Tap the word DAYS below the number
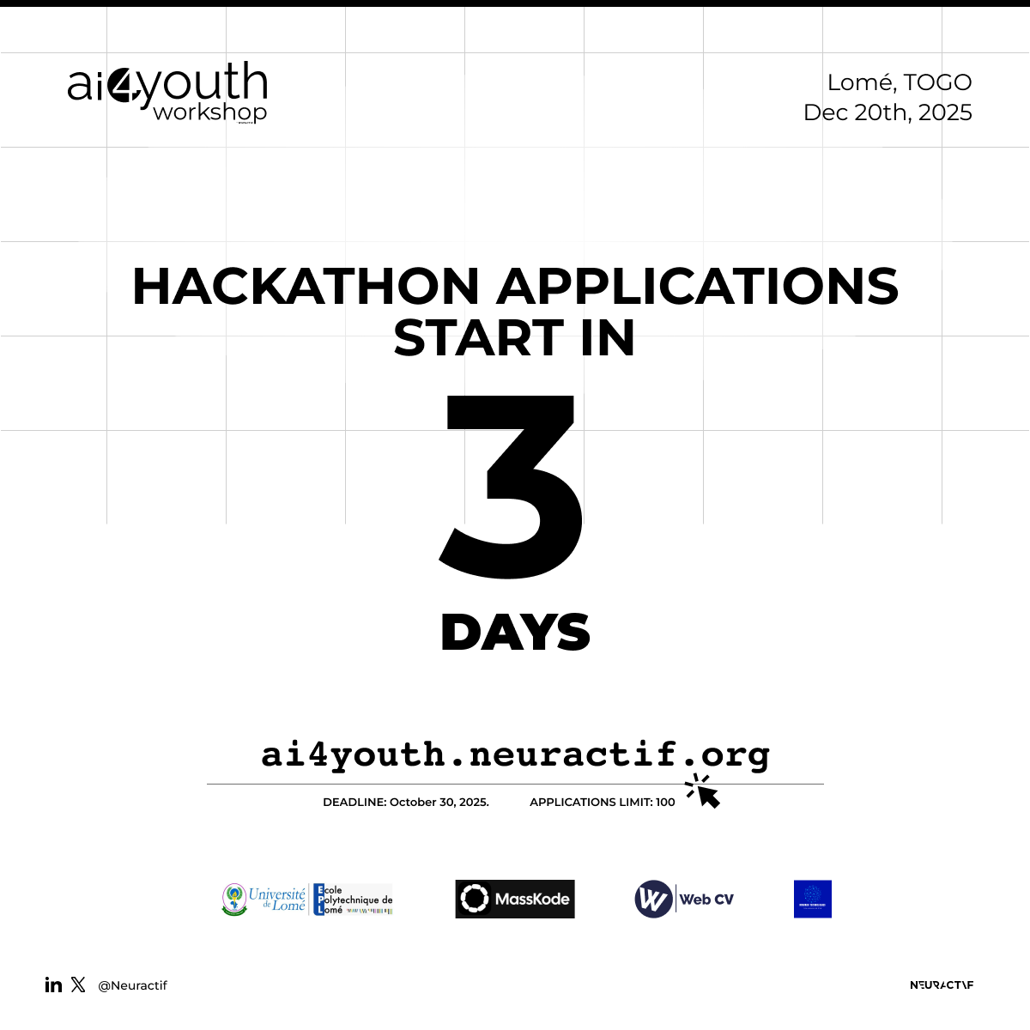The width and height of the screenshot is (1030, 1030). [515, 633]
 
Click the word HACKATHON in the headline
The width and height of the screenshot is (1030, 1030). [306, 286]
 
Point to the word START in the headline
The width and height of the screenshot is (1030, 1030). [478, 337]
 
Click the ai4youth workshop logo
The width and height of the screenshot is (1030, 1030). [168, 92]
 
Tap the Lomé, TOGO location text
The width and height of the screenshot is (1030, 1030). [899, 82]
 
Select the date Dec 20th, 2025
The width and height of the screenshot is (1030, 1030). [888, 112]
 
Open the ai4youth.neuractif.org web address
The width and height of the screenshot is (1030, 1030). [515, 754]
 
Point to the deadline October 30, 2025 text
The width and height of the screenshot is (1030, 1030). [406, 802]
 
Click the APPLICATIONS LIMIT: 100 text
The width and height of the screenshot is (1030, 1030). [602, 802]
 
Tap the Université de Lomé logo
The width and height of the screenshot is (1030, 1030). [264, 900]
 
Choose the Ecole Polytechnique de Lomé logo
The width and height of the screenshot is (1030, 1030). [353, 900]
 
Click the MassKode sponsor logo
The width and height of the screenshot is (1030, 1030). [515, 899]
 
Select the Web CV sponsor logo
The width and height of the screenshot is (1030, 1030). [684, 900]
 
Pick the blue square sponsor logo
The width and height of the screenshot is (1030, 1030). [812, 899]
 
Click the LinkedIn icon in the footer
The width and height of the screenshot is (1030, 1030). [53, 985]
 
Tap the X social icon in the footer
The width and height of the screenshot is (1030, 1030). [78, 985]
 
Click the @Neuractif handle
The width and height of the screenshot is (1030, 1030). [132, 985]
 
